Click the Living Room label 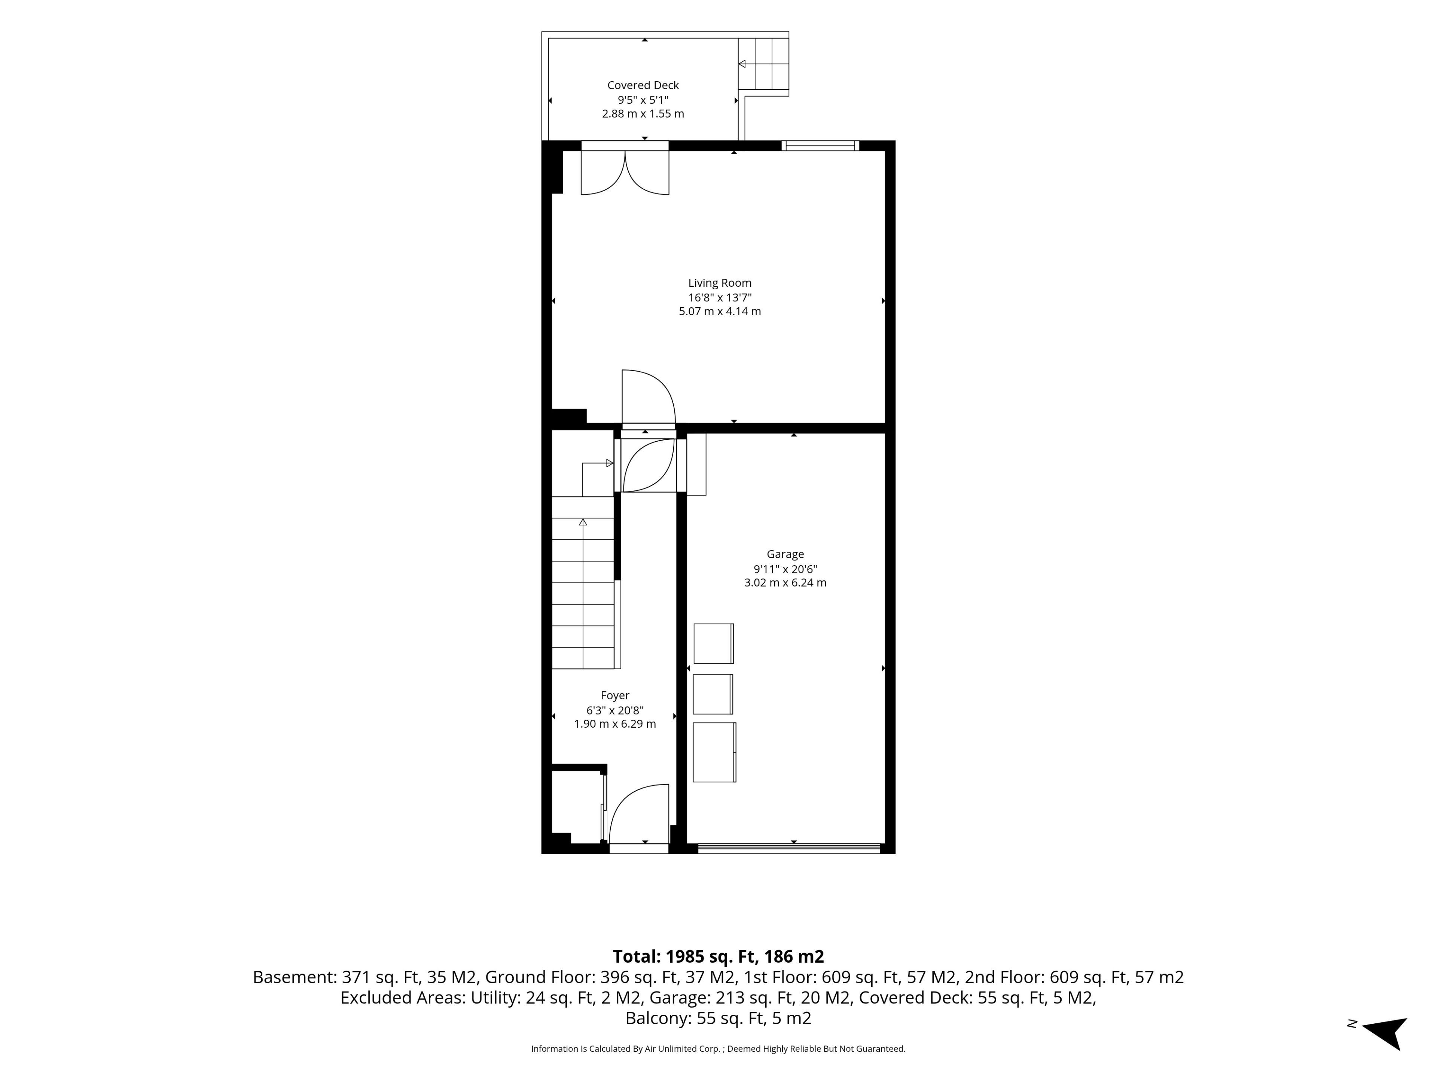point(720,283)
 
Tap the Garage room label point(785,554)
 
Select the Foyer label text point(614,695)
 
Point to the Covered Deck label point(643,85)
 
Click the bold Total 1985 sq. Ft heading point(718,956)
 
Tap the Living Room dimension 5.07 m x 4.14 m point(720,311)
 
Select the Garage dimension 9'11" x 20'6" point(785,569)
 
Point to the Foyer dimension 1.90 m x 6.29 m point(614,724)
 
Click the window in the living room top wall point(821,146)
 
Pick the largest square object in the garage point(714,752)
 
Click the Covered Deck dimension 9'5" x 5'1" point(643,100)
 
